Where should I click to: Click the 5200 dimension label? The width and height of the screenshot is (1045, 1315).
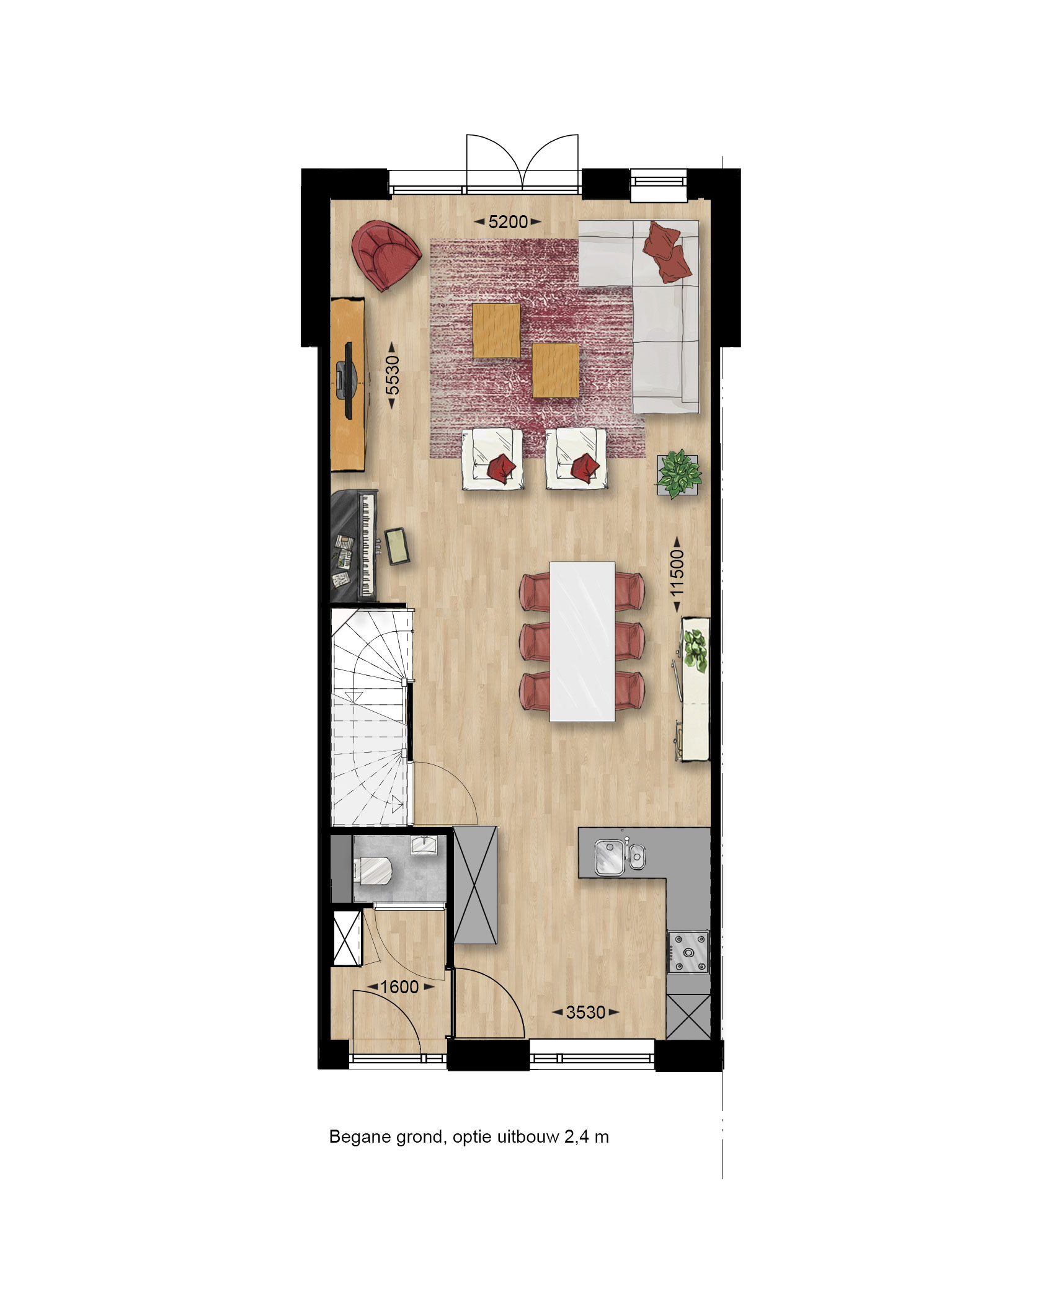click(508, 221)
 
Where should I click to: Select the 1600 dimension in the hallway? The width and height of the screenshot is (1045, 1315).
click(399, 986)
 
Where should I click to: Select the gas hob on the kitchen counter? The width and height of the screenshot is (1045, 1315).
click(688, 951)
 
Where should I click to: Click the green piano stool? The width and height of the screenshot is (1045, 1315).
click(396, 546)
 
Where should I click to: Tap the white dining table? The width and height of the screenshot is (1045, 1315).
click(582, 641)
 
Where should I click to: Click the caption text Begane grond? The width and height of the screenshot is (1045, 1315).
click(386, 1138)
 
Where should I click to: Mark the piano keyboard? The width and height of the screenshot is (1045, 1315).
click(367, 545)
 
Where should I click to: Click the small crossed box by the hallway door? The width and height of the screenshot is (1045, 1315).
click(347, 938)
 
